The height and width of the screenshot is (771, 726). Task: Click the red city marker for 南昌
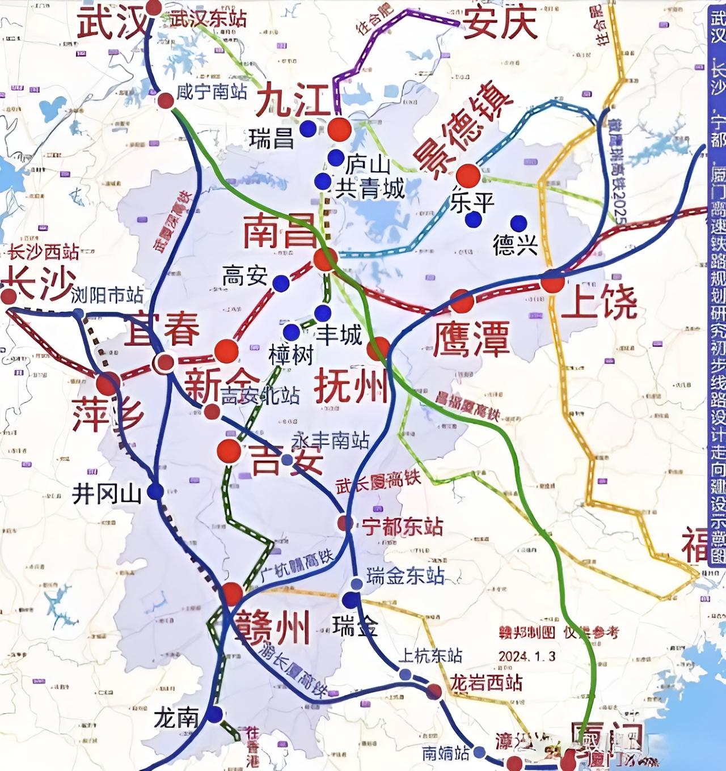coord(324,260)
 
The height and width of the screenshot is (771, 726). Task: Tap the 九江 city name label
coord(293,100)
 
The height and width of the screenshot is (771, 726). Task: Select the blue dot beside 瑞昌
coord(308,129)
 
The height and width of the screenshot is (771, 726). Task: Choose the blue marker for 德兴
coord(517,222)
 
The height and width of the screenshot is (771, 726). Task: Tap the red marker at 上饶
coord(552,282)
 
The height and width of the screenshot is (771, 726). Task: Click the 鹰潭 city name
coord(471,338)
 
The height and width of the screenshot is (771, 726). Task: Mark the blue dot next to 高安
coord(280,282)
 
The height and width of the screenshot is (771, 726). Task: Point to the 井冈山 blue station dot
coord(155,491)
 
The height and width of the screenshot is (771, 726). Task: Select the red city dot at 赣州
coord(232,593)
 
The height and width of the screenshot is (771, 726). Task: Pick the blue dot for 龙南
coord(214,714)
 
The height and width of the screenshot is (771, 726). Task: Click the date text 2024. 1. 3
coord(527,656)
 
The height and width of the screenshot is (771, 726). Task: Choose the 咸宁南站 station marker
coord(166,100)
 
